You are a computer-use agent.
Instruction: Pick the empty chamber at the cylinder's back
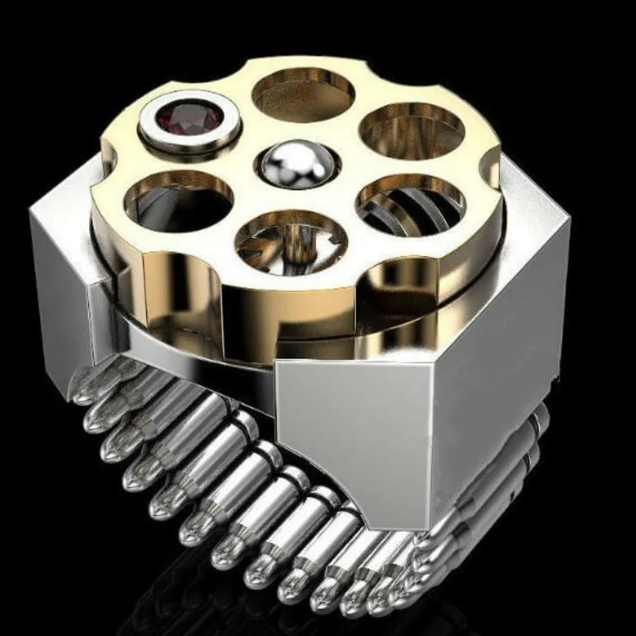click(x=304, y=94)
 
